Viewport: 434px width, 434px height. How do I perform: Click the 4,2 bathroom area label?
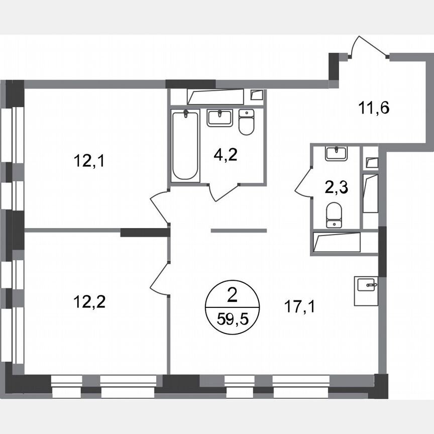[225, 153]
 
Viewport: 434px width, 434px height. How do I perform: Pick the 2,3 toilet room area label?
[336, 188]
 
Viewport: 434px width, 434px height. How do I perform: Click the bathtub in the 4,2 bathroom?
[184, 145]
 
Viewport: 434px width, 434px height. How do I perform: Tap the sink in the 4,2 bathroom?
[220, 118]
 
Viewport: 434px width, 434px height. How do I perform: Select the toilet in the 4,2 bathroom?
[246, 122]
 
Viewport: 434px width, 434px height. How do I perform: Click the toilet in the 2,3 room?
[334, 214]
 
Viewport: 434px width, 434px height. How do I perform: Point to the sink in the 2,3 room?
[336, 153]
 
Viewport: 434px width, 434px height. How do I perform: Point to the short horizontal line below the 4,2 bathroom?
[239, 231]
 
